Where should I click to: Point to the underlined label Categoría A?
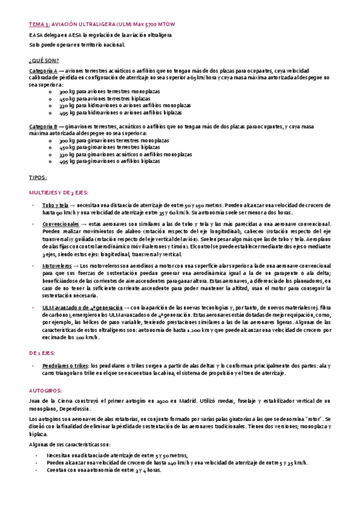(43, 71)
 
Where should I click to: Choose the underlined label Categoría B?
(43, 127)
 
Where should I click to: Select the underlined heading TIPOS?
(38, 178)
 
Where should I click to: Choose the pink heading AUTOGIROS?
(43, 389)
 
